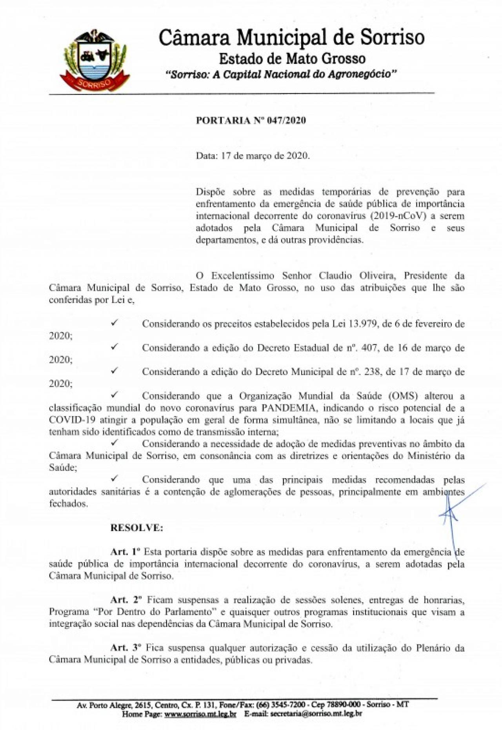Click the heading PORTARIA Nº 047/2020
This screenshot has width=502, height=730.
[x=251, y=120]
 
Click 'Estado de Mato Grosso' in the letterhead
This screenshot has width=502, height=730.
[x=292, y=59]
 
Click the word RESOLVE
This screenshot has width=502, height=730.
[x=136, y=528]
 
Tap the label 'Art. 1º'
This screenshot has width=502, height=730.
[x=125, y=552]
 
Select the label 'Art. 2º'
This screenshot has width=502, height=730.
[x=125, y=599]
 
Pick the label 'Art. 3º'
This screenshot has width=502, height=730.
[x=125, y=647]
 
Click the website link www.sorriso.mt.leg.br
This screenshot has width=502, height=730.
[x=200, y=714]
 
